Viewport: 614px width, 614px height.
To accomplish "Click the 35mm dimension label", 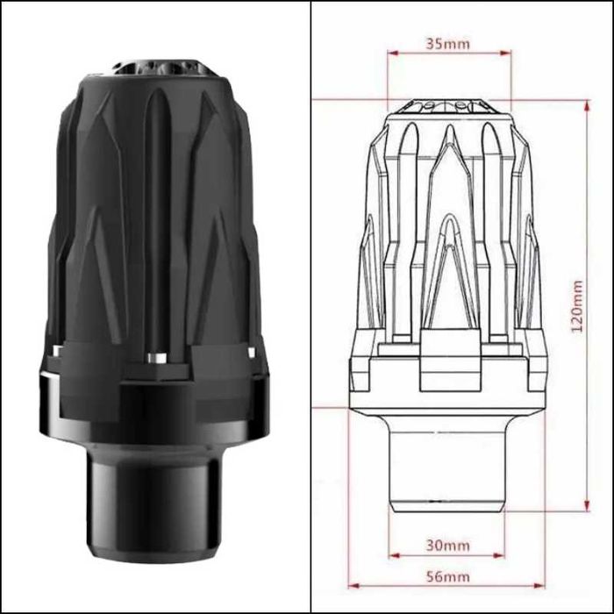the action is click(447, 44).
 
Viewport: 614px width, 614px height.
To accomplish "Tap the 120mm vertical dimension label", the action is click(576, 306).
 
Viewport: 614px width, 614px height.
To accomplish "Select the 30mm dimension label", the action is click(447, 545).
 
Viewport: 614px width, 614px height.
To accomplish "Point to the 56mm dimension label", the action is click(447, 576).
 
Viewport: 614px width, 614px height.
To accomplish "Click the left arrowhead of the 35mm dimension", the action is click(392, 53).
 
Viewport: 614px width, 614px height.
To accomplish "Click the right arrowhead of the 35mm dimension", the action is click(506, 53).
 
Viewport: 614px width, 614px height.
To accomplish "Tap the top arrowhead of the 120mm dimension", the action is click(587, 106).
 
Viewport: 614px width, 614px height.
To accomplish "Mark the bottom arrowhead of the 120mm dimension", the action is click(587, 505).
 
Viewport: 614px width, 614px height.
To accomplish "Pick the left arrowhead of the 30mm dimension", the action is click(395, 555).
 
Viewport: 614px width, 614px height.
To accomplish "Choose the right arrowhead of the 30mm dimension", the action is click(500, 555).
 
